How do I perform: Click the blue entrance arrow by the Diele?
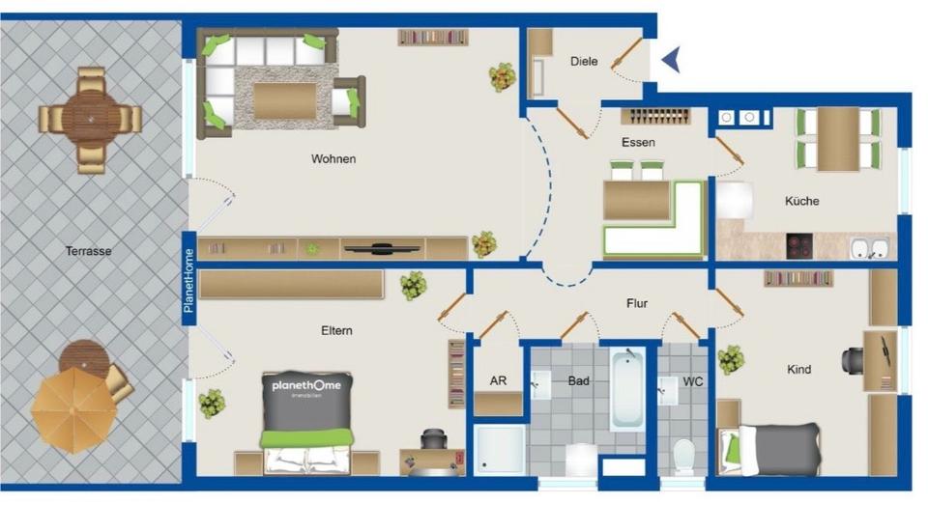(671, 60)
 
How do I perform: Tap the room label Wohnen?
(333, 158)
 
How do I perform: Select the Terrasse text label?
(89, 251)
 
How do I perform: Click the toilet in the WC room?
(683, 453)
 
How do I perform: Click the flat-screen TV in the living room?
(383, 248)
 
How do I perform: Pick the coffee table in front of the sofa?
(284, 100)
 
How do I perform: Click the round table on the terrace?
(91, 119)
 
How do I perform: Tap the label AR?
(498, 381)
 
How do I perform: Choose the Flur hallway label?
(636, 303)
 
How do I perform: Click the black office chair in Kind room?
(856, 359)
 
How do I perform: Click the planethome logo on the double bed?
(305, 391)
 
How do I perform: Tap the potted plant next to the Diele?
(502, 76)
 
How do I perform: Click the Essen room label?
(638, 142)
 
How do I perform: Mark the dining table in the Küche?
(837, 138)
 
